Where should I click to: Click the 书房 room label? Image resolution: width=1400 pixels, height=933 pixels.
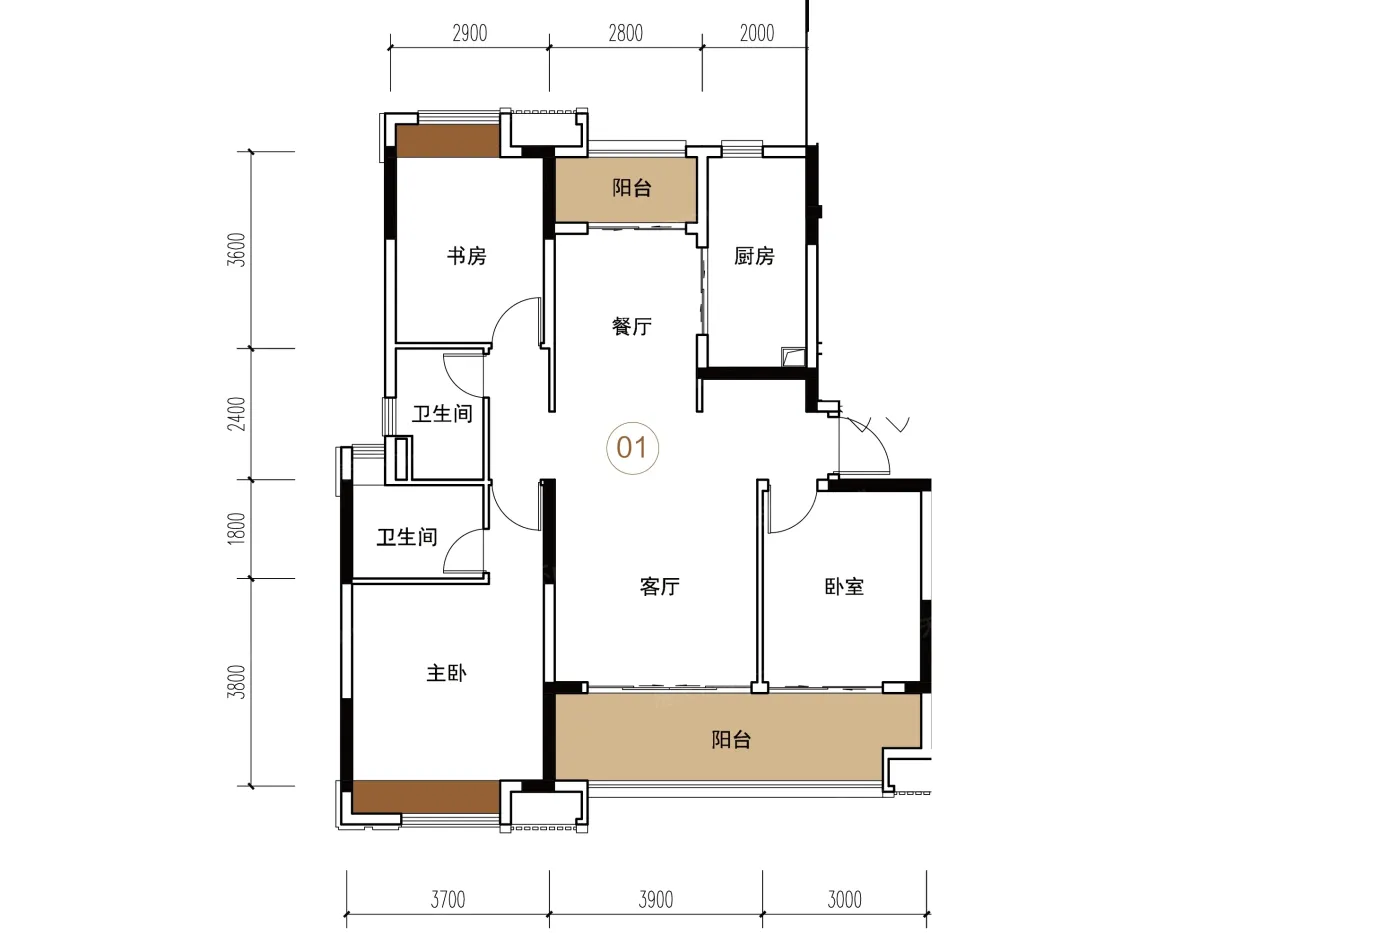tap(466, 256)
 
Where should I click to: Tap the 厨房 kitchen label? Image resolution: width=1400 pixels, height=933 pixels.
tap(754, 256)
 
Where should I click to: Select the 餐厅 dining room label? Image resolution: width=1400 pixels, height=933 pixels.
tap(631, 326)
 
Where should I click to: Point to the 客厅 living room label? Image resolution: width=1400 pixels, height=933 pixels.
tap(659, 586)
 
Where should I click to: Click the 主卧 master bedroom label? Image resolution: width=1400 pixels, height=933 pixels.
tap(446, 673)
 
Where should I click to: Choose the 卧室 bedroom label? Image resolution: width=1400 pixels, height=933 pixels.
tap(844, 586)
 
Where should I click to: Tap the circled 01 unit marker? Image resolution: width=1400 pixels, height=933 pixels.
tap(632, 447)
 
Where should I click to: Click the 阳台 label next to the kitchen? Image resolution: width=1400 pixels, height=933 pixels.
tap(632, 187)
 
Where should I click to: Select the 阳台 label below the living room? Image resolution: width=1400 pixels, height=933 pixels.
tap(731, 740)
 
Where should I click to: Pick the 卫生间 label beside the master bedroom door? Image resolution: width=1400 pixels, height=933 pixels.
tap(407, 537)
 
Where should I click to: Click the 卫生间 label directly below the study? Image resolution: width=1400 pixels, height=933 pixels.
tap(442, 413)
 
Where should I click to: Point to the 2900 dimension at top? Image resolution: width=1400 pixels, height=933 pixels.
tap(469, 32)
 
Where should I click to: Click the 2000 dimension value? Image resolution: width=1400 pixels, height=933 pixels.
tap(757, 32)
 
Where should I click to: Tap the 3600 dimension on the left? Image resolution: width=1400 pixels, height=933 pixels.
tap(237, 250)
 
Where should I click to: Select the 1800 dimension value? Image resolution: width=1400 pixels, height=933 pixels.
tap(237, 529)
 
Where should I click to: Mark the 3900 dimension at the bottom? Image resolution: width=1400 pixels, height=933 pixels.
tap(656, 899)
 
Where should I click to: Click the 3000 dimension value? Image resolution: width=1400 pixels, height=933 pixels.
tap(844, 899)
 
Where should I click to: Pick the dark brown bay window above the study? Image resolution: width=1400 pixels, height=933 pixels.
tap(448, 141)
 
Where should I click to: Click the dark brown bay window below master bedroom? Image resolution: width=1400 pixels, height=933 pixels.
tap(426, 797)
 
